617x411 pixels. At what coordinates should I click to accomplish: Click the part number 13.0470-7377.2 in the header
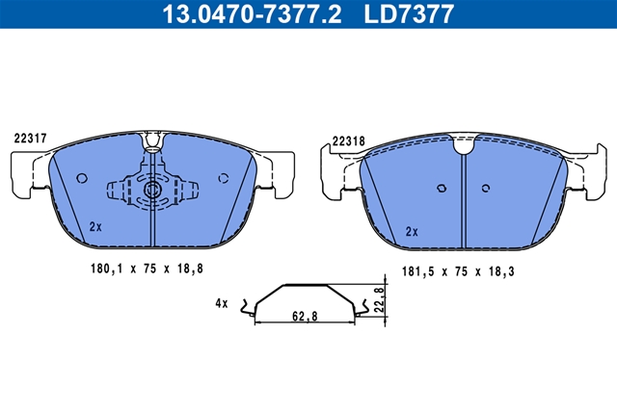(252, 13)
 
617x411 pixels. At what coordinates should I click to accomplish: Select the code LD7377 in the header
(409, 13)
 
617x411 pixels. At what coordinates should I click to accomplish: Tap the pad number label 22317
(30, 139)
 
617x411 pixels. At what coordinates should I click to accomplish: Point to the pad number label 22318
(349, 141)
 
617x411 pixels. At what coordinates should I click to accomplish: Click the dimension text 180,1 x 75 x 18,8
(147, 269)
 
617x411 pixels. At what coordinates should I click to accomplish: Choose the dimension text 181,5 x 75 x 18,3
(458, 271)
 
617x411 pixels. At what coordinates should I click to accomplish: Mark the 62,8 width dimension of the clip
(305, 316)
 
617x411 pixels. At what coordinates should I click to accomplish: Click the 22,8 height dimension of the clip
(379, 299)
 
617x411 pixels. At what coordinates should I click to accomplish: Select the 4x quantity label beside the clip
(222, 303)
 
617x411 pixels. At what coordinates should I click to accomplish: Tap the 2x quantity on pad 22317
(95, 227)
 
